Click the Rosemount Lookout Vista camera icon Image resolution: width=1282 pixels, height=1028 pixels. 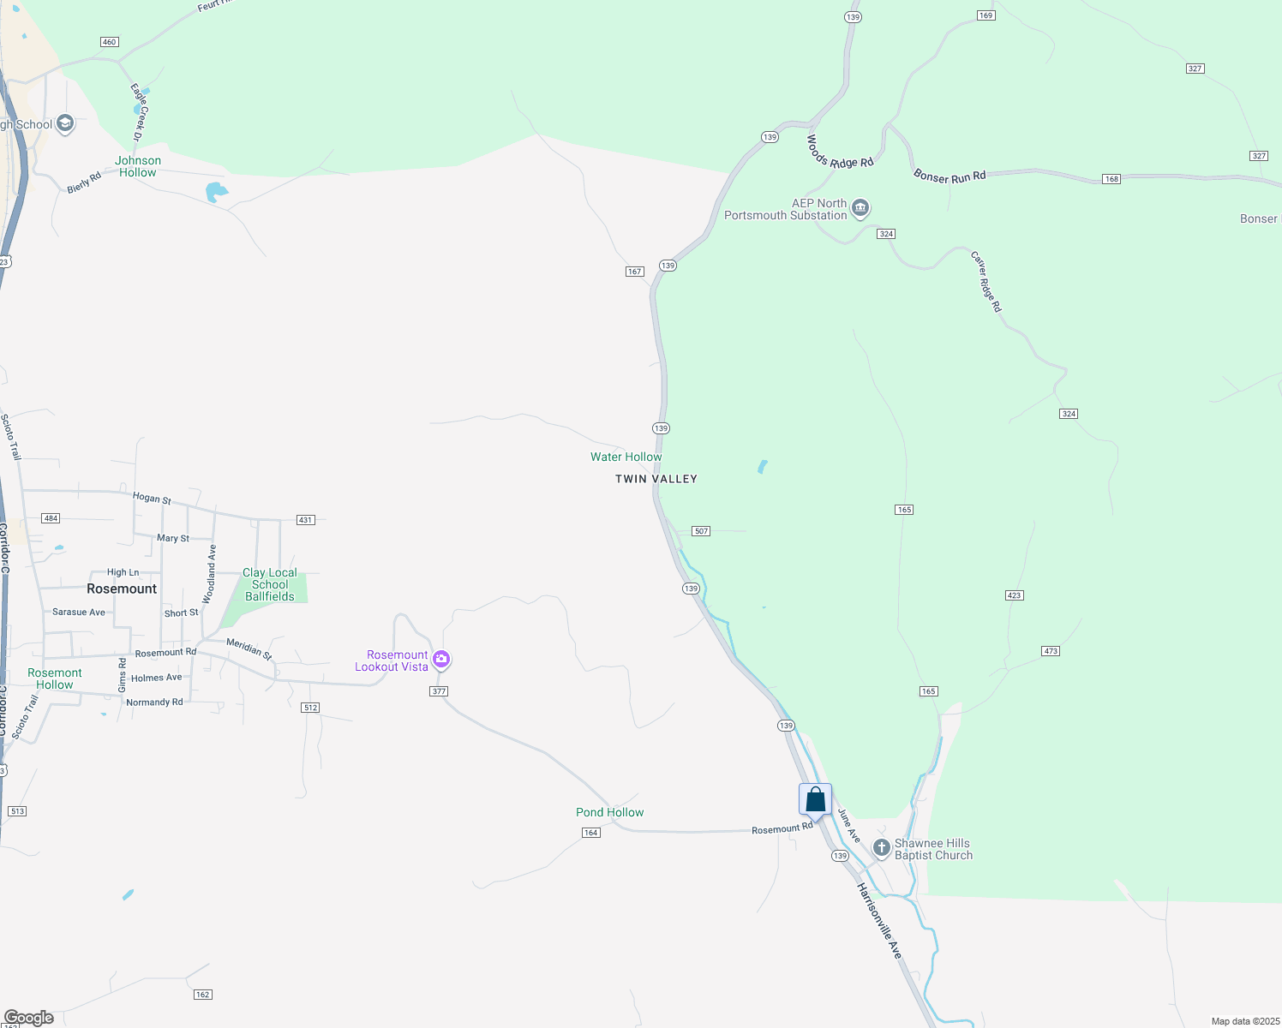[x=441, y=660]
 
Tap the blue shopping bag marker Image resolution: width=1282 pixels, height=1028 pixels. [x=815, y=800]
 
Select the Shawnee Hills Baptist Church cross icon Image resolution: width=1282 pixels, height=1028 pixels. [x=881, y=848]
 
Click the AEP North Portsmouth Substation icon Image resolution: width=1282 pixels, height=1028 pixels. [x=860, y=208]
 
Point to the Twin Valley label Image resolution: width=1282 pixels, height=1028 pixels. [x=656, y=479]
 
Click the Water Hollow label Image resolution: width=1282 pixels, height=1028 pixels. [x=626, y=457]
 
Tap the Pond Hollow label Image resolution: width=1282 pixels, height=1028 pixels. [x=609, y=812]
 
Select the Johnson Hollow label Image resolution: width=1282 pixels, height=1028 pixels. [x=138, y=166]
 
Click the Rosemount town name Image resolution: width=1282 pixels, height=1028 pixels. [x=122, y=589]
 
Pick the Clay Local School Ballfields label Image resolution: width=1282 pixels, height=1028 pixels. [x=270, y=584]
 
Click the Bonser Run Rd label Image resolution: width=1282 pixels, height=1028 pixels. [x=950, y=176]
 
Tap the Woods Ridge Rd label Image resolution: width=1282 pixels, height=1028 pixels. [x=839, y=151]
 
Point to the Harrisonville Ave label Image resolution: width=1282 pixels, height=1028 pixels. [x=879, y=921]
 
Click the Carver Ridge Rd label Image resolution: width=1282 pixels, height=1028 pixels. [x=985, y=281]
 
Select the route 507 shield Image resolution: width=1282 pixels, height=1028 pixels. [x=701, y=531]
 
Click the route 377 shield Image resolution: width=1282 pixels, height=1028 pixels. [x=439, y=691]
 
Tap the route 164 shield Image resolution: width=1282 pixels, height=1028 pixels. [x=590, y=833]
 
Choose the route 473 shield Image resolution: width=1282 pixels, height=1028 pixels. [x=1051, y=651]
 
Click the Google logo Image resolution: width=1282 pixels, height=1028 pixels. [x=28, y=1018]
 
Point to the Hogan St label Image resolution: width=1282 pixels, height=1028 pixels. [x=152, y=498]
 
